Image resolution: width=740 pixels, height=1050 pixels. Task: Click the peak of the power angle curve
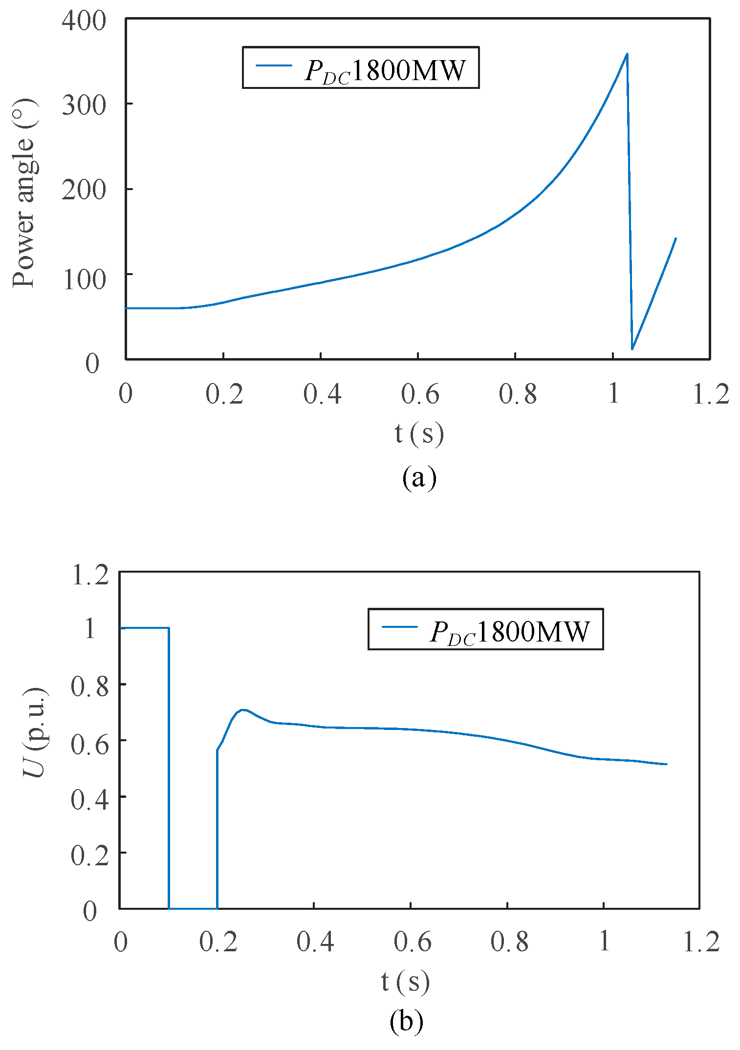pyautogui.click(x=627, y=54)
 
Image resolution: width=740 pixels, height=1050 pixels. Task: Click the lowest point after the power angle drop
pyautogui.click(x=632, y=349)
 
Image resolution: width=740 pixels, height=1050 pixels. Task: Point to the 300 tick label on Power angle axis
pyautogui.click(x=84, y=105)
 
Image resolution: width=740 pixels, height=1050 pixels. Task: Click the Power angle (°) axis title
pyautogui.click(x=24, y=193)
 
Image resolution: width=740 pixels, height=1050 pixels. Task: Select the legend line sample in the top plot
pyautogui.click(x=274, y=65)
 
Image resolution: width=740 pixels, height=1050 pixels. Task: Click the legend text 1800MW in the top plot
pyautogui.click(x=408, y=70)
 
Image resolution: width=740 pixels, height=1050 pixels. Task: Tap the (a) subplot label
pyautogui.click(x=419, y=478)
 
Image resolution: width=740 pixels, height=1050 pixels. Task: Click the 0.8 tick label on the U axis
pyautogui.click(x=90, y=686)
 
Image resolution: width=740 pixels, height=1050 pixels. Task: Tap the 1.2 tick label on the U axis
pyautogui.click(x=90, y=575)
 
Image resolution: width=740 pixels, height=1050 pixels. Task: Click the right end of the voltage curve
pyautogui.click(x=666, y=764)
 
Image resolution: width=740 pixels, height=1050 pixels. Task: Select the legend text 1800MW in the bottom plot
pyautogui.click(x=533, y=632)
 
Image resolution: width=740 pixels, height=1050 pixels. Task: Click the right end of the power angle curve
pyautogui.click(x=675, y=238)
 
